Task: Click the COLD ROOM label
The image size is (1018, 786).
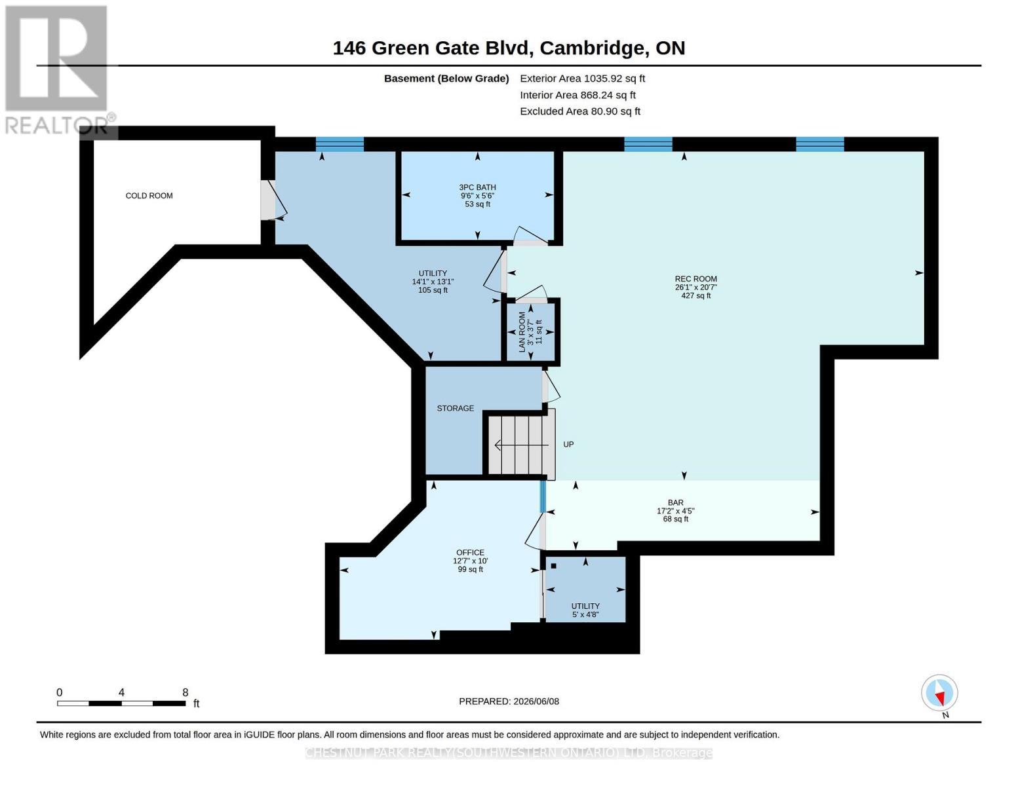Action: point(149,196)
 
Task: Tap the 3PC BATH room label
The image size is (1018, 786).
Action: point(477,187)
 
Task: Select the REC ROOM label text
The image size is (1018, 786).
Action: point(695,279)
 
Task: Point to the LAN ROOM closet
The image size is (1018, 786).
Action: point(531,332)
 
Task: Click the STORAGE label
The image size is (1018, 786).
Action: point(456,408)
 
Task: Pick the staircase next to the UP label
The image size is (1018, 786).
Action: point(522,445)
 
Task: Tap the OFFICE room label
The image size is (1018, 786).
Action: point(471,552)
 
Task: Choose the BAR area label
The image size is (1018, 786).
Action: point(676,503)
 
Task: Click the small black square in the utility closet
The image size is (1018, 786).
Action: point(553,566)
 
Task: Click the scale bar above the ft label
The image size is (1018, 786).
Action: point(121,703)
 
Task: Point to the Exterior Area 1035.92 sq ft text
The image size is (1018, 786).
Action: point(582,79)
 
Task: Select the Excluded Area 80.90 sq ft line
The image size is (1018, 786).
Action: point(580,111)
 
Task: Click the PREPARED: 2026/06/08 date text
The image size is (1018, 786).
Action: point(509,702)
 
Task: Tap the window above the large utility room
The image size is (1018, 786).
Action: point(340,144)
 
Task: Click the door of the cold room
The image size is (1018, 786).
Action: point(273,200)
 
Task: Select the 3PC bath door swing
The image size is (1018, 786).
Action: point(531,236)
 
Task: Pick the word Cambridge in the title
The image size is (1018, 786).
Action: point(595,48)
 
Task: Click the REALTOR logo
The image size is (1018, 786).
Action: point(58,70)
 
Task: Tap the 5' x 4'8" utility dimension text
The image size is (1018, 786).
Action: point(585,614)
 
